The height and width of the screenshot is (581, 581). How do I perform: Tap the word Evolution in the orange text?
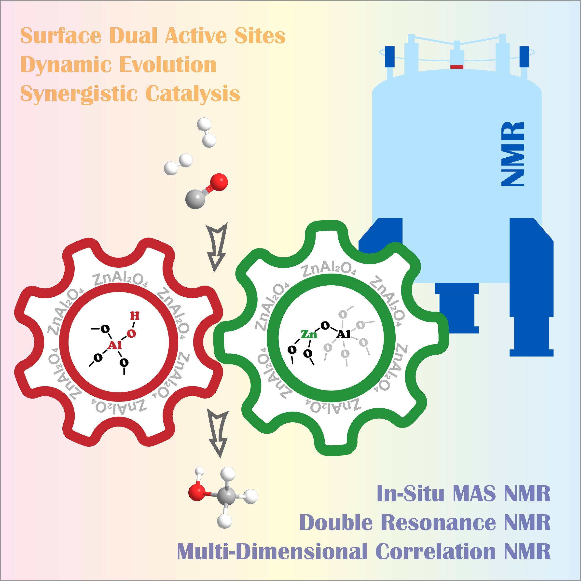(x=168, y=65)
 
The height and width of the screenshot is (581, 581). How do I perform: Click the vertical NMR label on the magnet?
(x=513, y=154)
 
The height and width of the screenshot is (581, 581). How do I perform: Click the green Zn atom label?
(x=309, y=334)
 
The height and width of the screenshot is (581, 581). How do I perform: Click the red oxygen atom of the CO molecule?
(x=219, y=182)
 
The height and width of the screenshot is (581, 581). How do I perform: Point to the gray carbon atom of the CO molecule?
(x=195, y=199)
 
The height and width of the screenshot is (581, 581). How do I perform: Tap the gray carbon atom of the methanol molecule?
(x=226, y=497)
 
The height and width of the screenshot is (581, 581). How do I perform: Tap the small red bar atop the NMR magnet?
(x=456, y=67)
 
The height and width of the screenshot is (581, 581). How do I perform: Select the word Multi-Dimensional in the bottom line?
(x=272, y=552)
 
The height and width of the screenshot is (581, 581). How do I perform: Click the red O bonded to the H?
(x=131, y=333)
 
